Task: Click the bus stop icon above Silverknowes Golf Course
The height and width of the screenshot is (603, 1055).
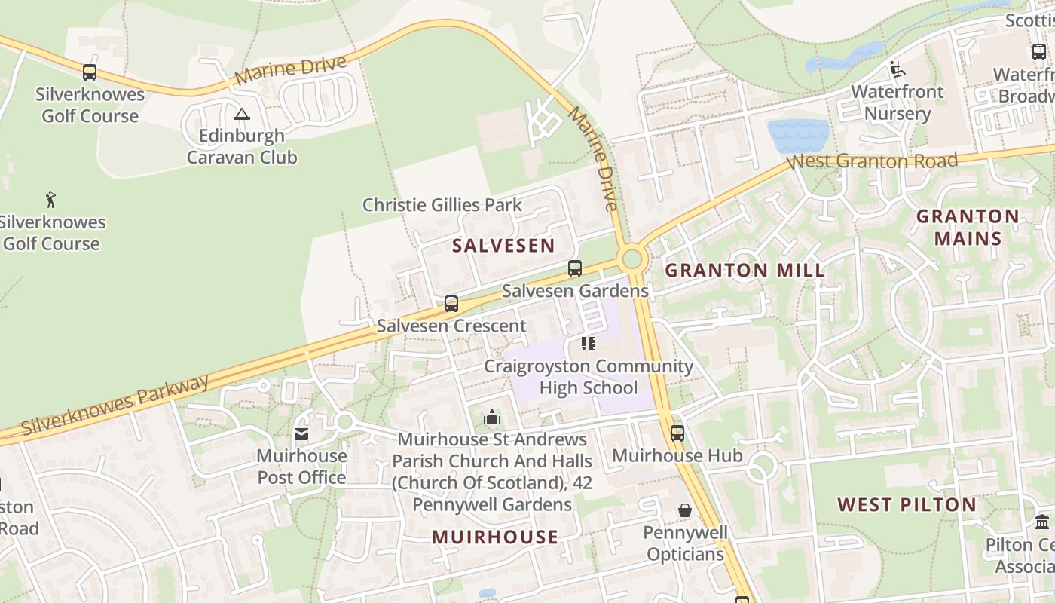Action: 90,72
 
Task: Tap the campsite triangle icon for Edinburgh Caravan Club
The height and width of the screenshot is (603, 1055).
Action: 241,115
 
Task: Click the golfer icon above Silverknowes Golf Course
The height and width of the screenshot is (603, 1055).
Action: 50,200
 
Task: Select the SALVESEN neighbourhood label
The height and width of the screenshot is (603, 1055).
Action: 503,245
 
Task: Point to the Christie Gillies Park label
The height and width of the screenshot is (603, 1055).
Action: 442,204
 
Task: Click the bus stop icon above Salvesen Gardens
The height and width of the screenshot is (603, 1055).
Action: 575,268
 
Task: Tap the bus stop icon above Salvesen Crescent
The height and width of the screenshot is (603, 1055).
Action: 451,304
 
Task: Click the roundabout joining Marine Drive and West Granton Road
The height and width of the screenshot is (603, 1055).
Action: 632,259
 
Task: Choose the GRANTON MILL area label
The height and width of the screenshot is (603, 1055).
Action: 745,270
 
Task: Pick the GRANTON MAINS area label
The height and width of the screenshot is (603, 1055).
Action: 968,228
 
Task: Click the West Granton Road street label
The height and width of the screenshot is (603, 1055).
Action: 872,161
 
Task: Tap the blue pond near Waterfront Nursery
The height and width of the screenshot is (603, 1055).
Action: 797,136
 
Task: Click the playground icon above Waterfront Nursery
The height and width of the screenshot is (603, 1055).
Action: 897,69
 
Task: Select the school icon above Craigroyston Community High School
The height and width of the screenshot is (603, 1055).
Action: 589,344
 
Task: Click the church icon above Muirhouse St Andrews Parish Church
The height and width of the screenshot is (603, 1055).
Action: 492,417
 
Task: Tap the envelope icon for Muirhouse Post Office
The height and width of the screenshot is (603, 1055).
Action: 301,434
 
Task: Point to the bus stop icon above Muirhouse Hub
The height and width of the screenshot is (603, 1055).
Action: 677,433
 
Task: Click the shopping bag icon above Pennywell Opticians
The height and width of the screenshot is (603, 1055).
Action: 685,510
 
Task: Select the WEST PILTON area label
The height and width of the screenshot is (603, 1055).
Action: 907,504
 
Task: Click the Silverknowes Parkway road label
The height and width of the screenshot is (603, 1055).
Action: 115,405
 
